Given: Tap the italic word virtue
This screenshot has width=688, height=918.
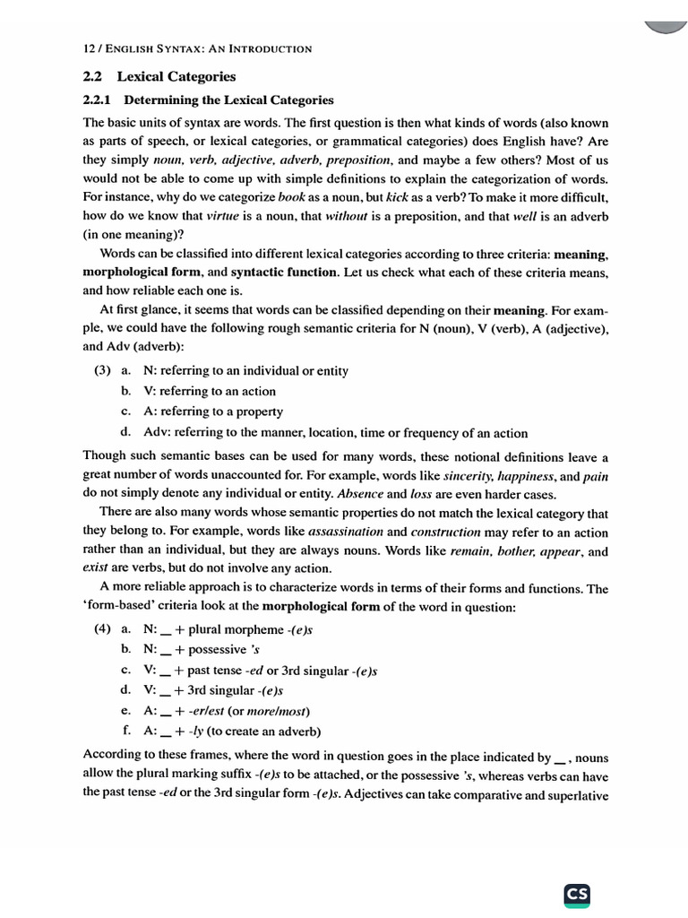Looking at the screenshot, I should click(223, 216).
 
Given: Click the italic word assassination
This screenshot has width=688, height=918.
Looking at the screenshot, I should click(345, 532).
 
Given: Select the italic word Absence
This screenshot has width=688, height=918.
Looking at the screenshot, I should click(359, 495).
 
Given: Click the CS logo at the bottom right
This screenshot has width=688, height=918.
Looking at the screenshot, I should click(577, 894).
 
